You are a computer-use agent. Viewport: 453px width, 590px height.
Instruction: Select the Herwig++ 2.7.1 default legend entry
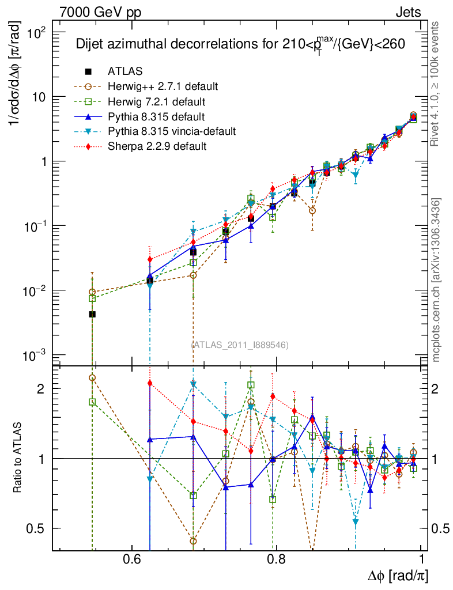[162, 86]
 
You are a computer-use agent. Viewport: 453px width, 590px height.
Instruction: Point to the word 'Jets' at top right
[407, 12]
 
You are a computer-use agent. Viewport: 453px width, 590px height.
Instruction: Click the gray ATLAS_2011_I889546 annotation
[240, 345]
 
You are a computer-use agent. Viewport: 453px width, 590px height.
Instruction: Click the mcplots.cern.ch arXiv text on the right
[436, 279]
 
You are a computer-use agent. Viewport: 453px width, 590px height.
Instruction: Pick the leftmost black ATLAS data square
[92, 314]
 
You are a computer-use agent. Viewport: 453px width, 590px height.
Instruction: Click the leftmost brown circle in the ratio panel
[92, 378]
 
